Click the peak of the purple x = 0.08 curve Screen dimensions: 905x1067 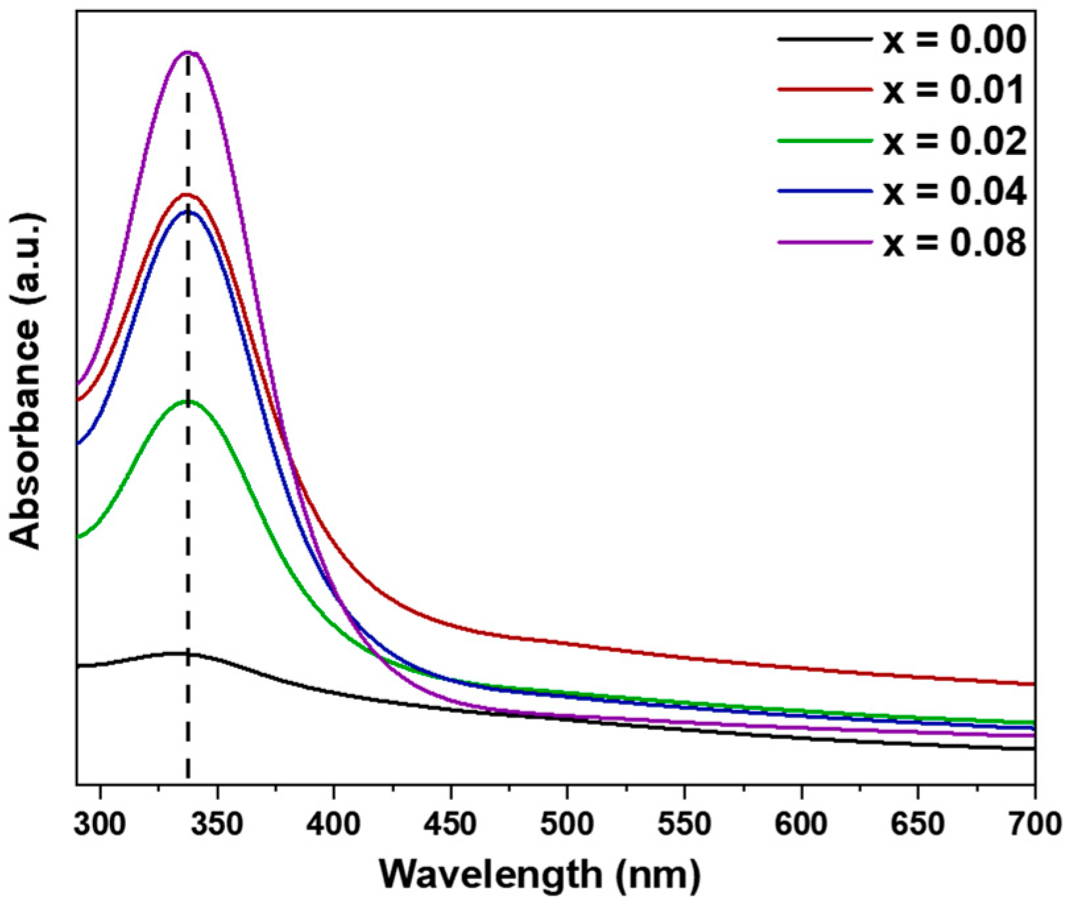[x=188, y=52]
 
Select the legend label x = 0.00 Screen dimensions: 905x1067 [x=954, y=40]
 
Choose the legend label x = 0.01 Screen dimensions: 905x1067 [x=954, y=90]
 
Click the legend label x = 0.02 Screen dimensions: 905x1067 [x=954, y=140]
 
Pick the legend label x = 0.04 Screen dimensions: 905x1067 [x=954, y=191]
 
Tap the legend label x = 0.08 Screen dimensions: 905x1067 [x=954, y=242]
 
